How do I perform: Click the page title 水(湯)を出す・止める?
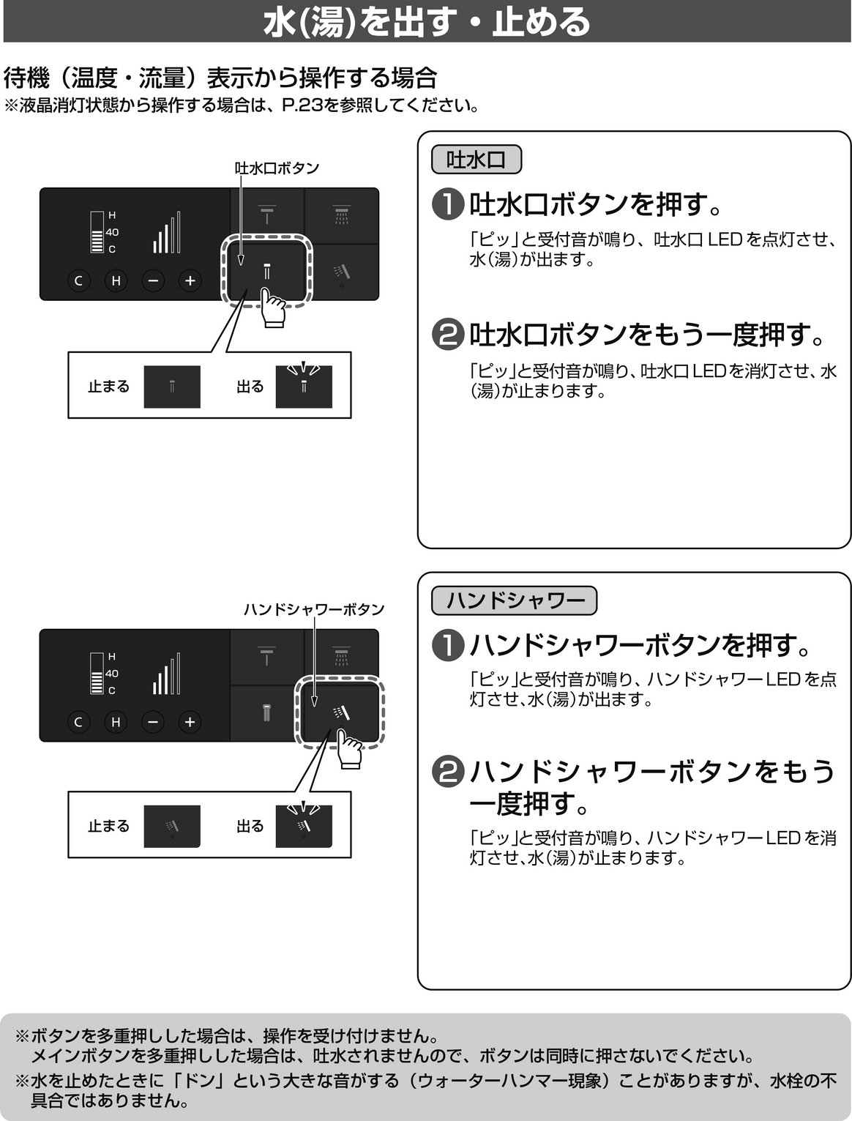[x=426, y=22]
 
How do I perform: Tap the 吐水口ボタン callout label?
[x=277, y=168]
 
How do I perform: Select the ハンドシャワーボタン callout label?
[x=314, y=609]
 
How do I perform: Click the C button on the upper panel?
[x=78, y=280]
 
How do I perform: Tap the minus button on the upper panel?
[x=153, y=280]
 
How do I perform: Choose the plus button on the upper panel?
[x=190, y=280]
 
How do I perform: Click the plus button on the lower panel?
[x=190, y=722]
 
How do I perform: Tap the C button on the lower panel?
[x=78, y=722]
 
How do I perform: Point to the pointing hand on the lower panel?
[x=349, y=749]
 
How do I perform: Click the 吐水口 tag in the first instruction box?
[x=477, y=160]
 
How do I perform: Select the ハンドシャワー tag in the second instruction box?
[x=514, y=600]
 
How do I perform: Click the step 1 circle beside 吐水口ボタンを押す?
[x=448, y=205]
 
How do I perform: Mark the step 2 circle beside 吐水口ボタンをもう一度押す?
[x=448, y=335]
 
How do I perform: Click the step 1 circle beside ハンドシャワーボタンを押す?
[x=448, y=646]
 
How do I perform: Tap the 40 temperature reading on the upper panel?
[x=112, y=232]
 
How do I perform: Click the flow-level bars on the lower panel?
[x=166, y=674]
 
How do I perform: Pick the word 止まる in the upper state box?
[x=109, y=387]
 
